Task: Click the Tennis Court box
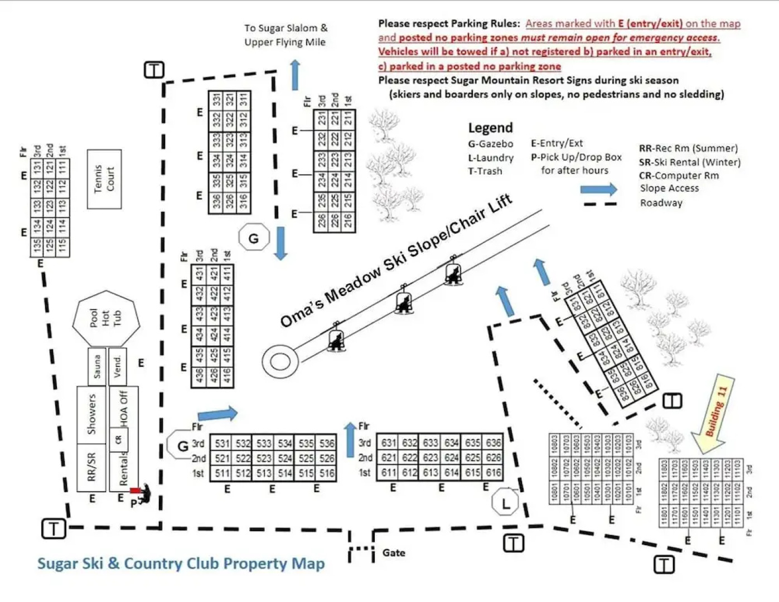(x=104, y=179)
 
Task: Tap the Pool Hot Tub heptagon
(x=105, y=318)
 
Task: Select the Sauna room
(x=97, y=366)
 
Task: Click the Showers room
(x=92, y=414)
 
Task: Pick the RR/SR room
(x=92, y=467)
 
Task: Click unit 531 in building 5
(x=221, y=444)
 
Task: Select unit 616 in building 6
(x=493, y=473)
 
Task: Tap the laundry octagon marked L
(x=505, y=504)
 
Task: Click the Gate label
(x=394, y=553)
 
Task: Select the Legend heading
(x=490, y=128)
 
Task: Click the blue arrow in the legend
(x=598, y=190)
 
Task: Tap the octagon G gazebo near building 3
(x=254, y=239)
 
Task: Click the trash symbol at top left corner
(x=154, y=70)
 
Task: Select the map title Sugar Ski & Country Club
(x=181, y=564)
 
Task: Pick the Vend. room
(x=118, y=366)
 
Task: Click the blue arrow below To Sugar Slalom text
(x=295, y=75)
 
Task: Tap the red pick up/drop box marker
(x=135, y=491)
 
